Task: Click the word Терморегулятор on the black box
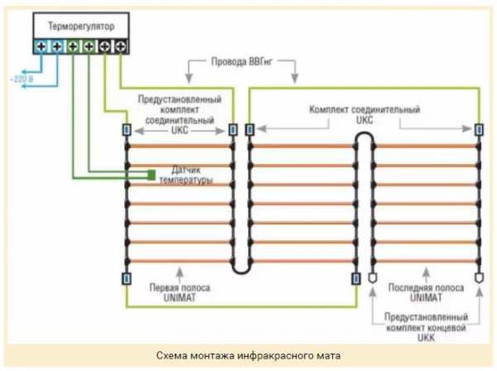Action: click(x=80, y=26)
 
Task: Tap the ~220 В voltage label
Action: click(x=22, y=79)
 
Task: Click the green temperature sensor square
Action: click(x=152, y=173)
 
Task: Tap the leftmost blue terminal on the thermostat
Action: click(x=41, y=47)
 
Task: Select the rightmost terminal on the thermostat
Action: click(x=122, y=47)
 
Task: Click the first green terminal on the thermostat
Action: click(x=73, y=47)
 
